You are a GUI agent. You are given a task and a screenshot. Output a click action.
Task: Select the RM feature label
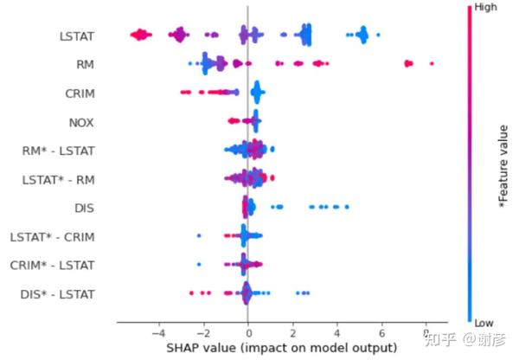(85, 65)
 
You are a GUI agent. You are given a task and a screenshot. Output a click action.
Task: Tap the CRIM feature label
(79, 93)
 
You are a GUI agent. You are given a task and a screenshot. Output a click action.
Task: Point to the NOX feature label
(81, 122)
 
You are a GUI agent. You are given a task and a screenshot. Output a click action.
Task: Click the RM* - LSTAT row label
(59, 151)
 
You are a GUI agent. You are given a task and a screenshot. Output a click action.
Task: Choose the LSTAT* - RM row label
(59, 180)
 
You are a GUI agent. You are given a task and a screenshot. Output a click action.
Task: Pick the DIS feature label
(85, 209)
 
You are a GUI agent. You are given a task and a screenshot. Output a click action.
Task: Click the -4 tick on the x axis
(157, 333)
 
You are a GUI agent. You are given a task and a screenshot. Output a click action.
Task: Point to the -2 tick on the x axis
(202, 333)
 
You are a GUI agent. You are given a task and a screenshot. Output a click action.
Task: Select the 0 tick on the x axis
(248, 333)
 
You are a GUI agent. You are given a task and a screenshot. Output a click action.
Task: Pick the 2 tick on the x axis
(292, 333)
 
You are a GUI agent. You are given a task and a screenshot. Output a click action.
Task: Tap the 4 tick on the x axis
(337, 333)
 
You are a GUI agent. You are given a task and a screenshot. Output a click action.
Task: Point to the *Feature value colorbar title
(503, 164)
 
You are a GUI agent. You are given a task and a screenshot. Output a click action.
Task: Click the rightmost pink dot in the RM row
(431, 63)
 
